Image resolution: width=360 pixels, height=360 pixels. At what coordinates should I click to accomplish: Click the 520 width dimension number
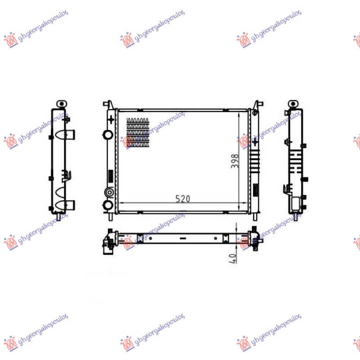(x=183, y=198)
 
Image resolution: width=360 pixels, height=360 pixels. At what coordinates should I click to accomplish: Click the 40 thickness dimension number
(x=233, y=259)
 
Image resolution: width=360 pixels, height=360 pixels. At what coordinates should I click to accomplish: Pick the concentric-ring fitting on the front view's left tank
(x=108, y=193)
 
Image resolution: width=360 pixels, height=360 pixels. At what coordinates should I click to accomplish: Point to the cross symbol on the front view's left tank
(x=111, y=120)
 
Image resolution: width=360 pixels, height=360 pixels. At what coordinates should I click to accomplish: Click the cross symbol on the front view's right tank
(x=255, y=141)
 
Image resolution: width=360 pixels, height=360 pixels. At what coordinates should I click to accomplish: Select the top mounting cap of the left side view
(x=61, y=103)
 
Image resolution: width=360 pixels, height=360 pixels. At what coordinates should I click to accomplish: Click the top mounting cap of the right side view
(x=293, y=104)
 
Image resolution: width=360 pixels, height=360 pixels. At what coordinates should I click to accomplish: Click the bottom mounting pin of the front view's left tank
(x=111, y=216)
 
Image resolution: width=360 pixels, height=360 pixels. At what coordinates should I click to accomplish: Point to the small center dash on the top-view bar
(x=182, y=238)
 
